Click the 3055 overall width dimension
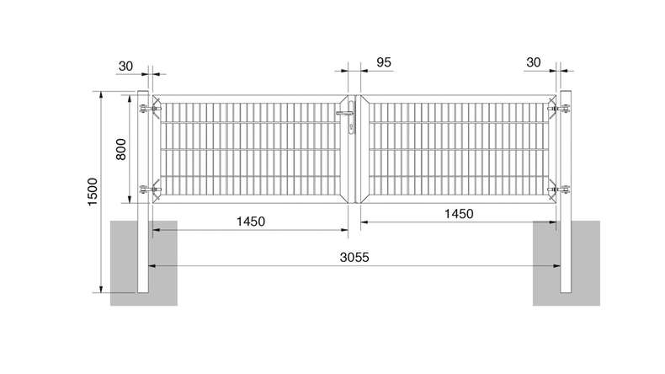point(354,257)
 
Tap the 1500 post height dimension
point(93,192)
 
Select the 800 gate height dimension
point(121,149)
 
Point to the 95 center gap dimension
point(383,62)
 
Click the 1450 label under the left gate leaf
point(251,222)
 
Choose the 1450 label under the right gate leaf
point(459,213)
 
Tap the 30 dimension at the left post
point(125,67)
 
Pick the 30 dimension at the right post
point(533,62)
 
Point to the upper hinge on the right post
point(559,110)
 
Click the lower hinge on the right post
point(559,190)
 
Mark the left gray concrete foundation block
point(144,263)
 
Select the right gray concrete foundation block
point(567,263)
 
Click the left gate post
point(142,192)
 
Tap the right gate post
point(566,192)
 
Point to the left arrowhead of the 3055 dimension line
point(152,266)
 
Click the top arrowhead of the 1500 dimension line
point(101,94)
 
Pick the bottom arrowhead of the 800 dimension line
point(130,200)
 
